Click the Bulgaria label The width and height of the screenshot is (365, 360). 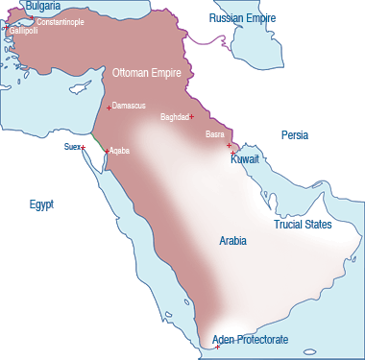[x=42, y=7]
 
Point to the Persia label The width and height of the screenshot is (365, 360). [x=295, y=135]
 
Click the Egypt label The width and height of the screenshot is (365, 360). [x=41, y=204]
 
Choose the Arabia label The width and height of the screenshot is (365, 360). [x=232, y=241]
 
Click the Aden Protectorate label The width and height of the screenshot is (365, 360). [x=250, y=341]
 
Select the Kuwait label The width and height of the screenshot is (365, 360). [x=246, y=160]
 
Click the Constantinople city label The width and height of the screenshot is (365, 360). [x=59, y=21]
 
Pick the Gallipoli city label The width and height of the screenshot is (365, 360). [x=24, y=31]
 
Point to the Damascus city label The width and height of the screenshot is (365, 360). [x=130, y=104]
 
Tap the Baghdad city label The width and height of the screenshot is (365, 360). [x=174, y=117]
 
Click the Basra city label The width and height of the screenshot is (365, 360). [x=215, y=134]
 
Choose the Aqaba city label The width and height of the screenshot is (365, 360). [x=120, y=151]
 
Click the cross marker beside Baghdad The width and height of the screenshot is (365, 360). [x=192, y=117]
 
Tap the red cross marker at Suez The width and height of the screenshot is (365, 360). [x=84, y=147]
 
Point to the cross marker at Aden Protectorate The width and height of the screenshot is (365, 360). [x=218, y=346]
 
